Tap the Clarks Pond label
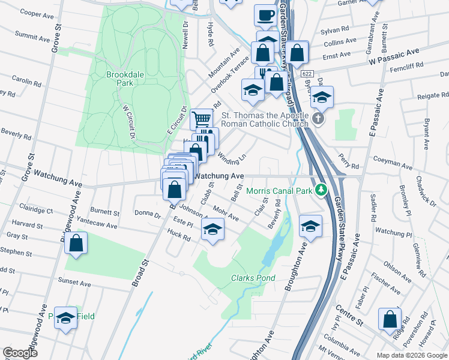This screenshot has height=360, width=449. click(x=253, y=278)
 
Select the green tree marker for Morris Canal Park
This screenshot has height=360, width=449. click(x=322, y=190)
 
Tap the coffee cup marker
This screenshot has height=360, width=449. click(x=265, y=16)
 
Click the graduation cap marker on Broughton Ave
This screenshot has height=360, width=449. click(x=310, y=226)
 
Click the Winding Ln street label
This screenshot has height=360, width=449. click(x=232, y=158)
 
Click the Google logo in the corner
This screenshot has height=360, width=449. click(x=20, y=353)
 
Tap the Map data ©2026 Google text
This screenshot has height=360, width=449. click(x=412, y=355)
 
